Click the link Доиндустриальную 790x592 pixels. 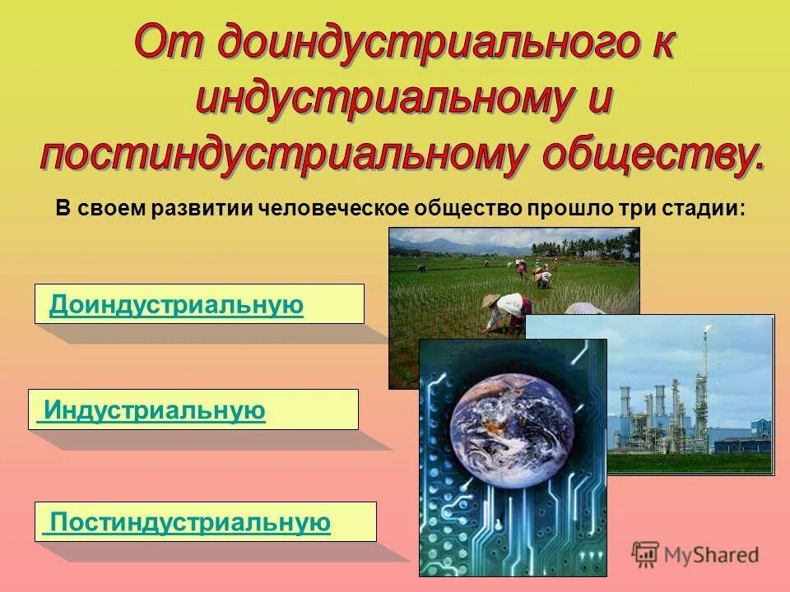(x=176, y=306)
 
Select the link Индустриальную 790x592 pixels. (x=155, y=410)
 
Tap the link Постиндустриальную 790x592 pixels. (x=190, y=522)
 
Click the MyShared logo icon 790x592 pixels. (x=646, y=554)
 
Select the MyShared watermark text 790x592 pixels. (x=712, y=555)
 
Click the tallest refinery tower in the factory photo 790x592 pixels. (x=702, y=386)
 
